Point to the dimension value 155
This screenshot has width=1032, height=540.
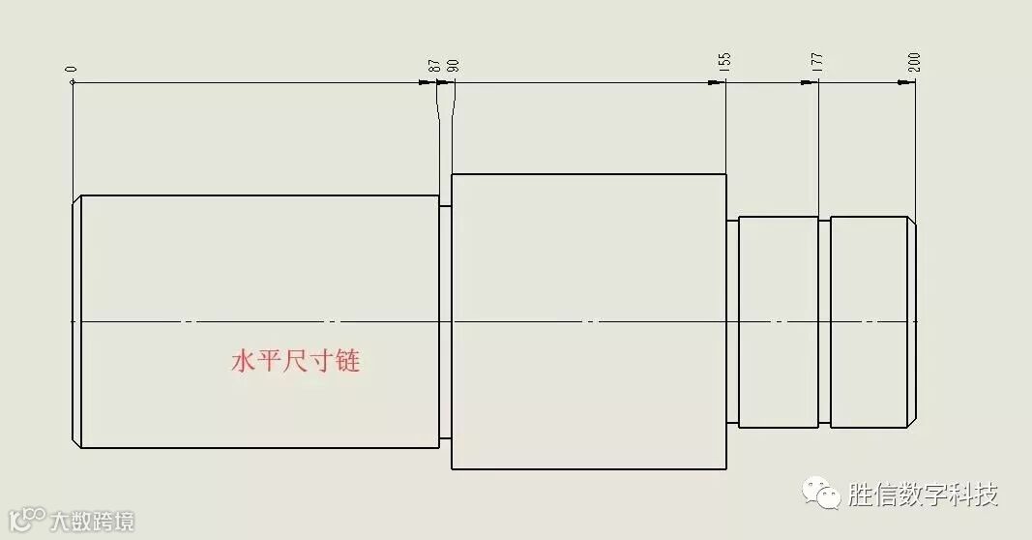[725, 63]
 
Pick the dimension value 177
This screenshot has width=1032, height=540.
[818, 63]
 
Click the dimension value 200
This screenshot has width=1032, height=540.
[915, 63]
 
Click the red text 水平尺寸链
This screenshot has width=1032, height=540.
[296, 362]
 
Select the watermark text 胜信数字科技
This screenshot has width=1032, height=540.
[922, 495]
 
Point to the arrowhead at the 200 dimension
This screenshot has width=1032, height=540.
[906, 82]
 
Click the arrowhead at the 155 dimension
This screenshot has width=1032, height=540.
[717, 82]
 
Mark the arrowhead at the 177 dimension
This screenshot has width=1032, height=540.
[810, 82]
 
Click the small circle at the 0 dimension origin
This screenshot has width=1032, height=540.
[73, 82]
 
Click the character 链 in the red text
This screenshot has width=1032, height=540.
[348, 362]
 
